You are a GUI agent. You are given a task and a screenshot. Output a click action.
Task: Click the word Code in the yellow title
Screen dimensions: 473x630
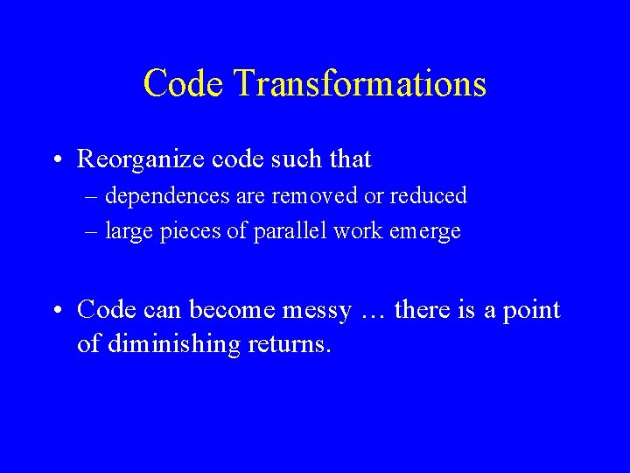[183, 84]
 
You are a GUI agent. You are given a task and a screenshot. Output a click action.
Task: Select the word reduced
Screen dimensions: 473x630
[430, 195]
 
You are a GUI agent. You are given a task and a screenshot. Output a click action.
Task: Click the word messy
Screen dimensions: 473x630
[317, 310]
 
